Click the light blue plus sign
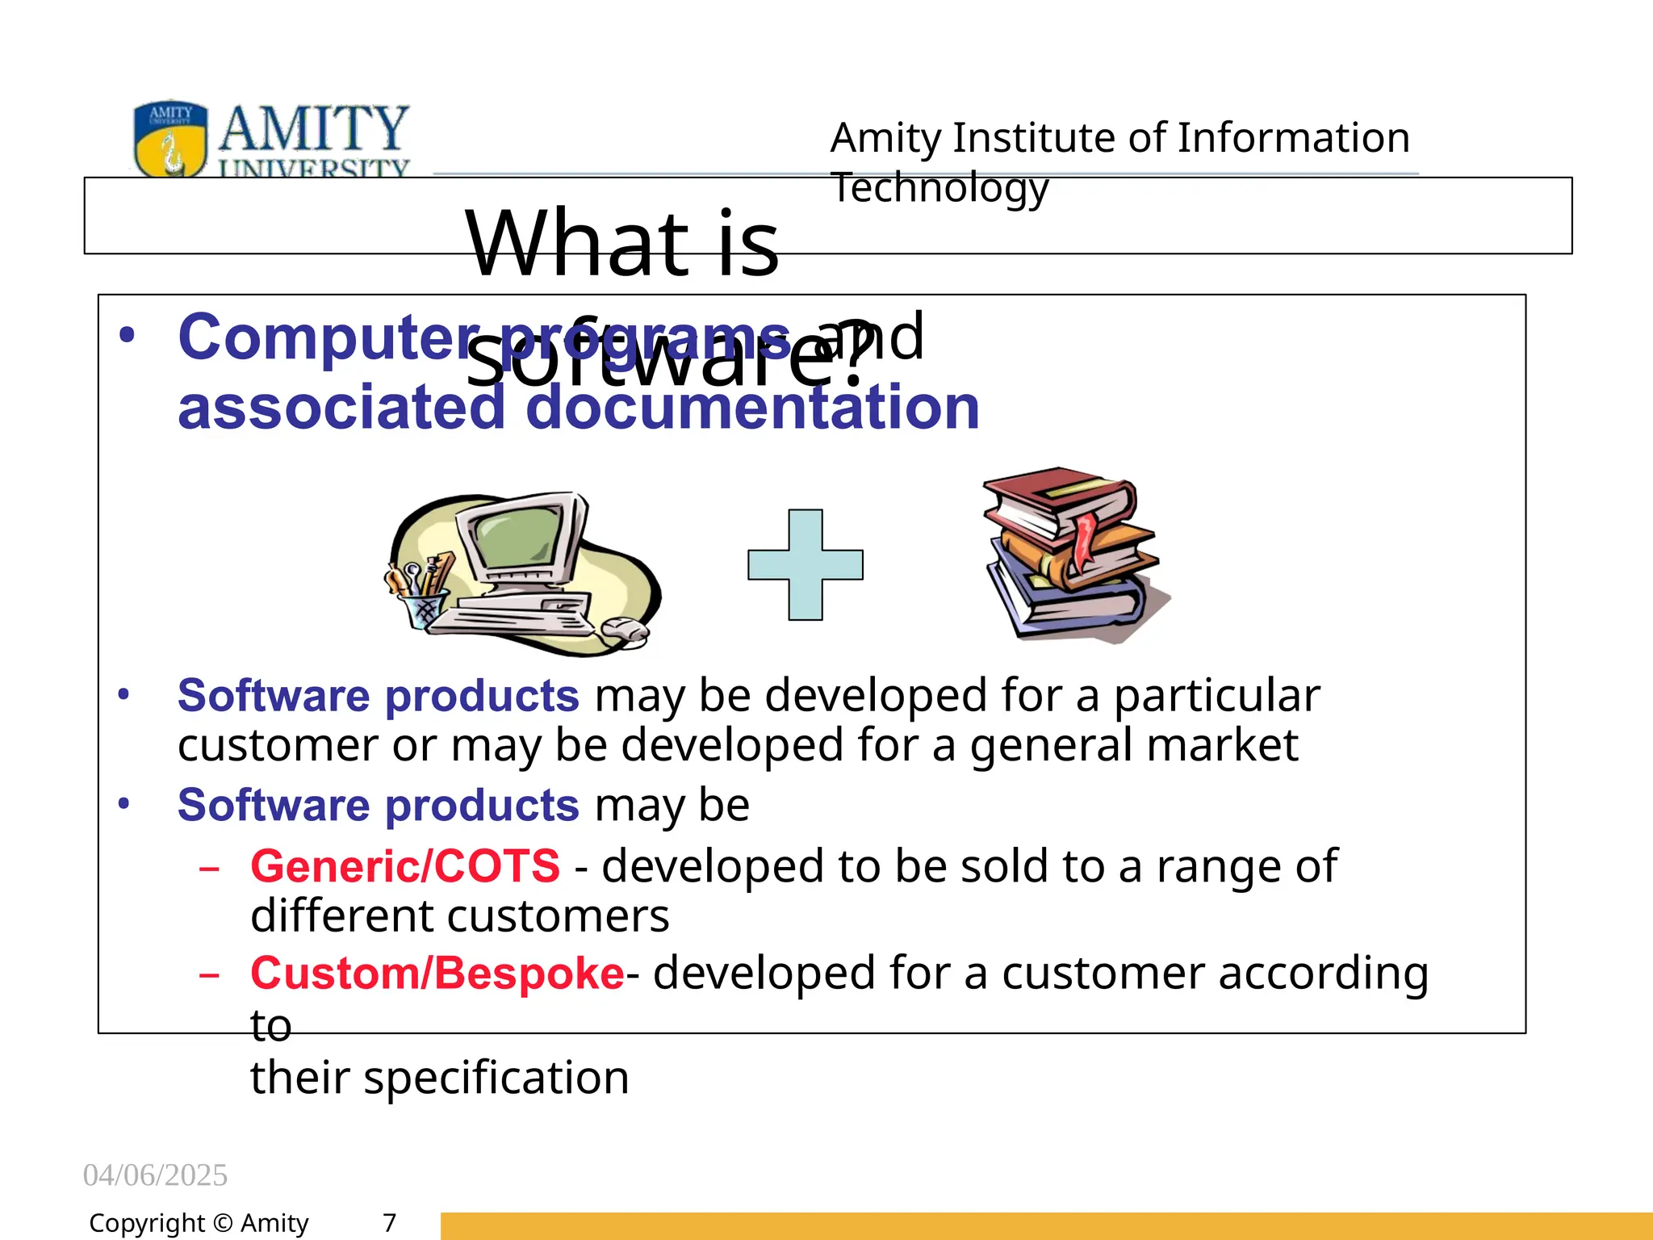coord(805,564)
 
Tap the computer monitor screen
coord(515,540)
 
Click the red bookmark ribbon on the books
coord(1084,537)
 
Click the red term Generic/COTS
coord(405,866)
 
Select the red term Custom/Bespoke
coord(437,973)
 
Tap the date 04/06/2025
coord(155,1175)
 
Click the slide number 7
coord(389,1223)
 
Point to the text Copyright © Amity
coord(199,1223)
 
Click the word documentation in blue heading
coord(752,408)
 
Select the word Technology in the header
coord(939,188)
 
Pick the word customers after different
coord(558,916)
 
